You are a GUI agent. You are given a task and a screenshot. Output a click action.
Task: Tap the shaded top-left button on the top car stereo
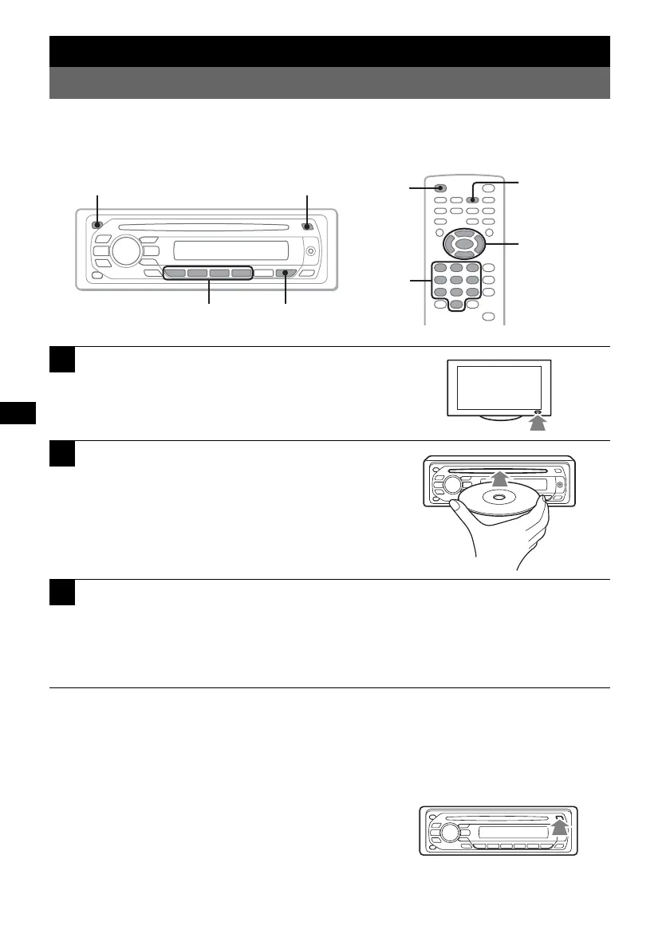point(97,225)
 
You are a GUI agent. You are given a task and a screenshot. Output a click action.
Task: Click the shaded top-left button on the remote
point(440,189)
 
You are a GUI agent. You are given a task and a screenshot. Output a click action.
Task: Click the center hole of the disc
point(499,498)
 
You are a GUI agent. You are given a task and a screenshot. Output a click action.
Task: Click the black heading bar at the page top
point(329,51)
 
